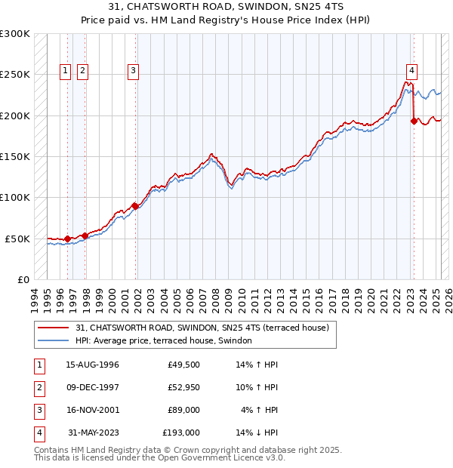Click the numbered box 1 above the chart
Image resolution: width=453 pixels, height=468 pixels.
click(x=66, y=72)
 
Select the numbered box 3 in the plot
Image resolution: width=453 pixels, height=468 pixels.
click(x=133, y=72)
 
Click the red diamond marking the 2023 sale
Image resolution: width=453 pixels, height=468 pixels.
click(x=414, y=121)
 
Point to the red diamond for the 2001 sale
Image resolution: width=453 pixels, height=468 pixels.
click(x=135, y=205)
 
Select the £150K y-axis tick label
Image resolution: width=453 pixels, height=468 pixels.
click(x=15, y=156)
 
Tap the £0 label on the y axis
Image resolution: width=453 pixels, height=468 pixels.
click(x=23, y=279)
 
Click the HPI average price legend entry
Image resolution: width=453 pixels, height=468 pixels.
click(x=163, y=341)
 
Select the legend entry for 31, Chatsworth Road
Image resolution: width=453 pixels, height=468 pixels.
click(x=202, y=328)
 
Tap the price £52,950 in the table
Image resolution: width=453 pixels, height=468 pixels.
click(x=181, y=388)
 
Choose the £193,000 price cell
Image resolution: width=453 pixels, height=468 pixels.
click(x=181, y=433)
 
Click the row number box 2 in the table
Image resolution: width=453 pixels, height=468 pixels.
click(x=37, y=388)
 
